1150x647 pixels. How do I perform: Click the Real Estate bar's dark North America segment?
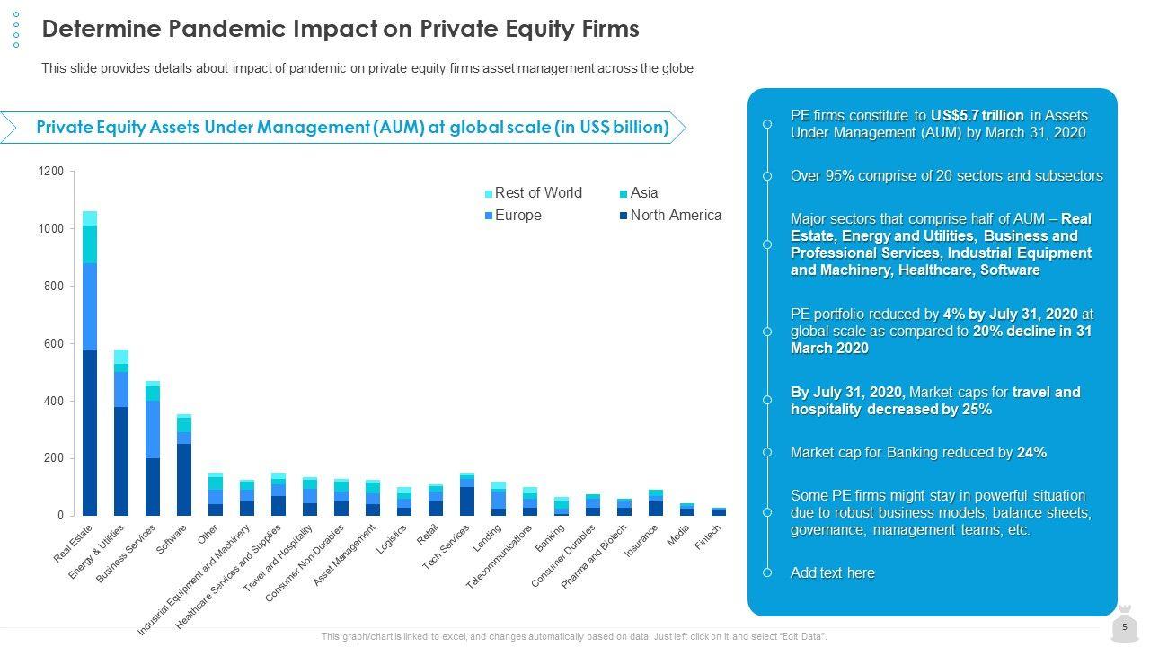click(x=90, y=431)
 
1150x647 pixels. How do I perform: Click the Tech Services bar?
click(x=467, y=500)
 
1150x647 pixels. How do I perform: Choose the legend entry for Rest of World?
click(x=537, y=193)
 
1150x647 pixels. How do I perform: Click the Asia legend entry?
click(x=643, y=193)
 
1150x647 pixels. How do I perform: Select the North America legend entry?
click(x=675, y=216)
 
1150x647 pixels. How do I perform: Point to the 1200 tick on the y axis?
click(x=51, y=171)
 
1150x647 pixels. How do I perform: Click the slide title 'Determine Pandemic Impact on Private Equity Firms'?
click(x=341, y=29)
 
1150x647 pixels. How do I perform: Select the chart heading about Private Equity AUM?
click(x=352, y=128)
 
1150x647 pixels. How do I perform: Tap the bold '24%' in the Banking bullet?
click(x=1031, y=453)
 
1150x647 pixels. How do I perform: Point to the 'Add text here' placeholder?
click(x=832, y=573)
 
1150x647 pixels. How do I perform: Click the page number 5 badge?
click(x=1124, y=627)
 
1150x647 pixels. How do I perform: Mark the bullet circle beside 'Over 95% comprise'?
click(x=767, y=176)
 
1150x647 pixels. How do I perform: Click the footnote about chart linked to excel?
click(x=574, y=636)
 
